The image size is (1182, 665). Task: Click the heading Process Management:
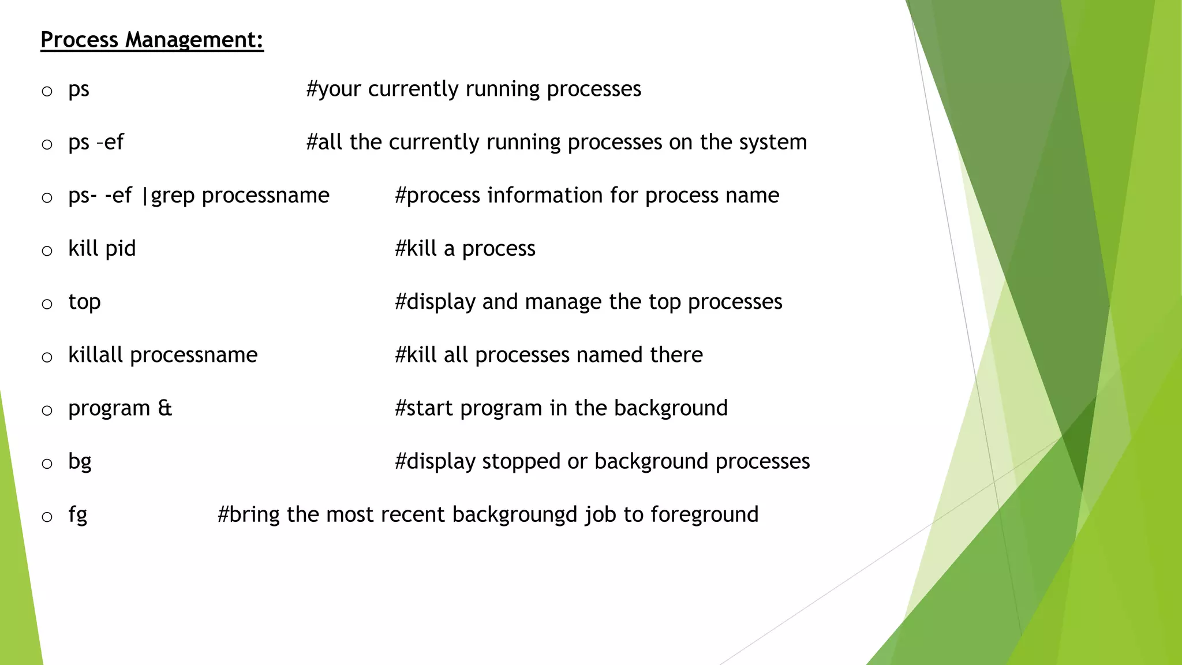pyautogui.click(x=152, y=40)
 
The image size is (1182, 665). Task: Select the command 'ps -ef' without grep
pyautogui.click(x=96, y=142)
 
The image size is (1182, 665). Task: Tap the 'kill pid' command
pyautogui.click(x=102, y=249)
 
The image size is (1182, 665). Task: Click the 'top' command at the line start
pyautogui.click(x=84, y=302)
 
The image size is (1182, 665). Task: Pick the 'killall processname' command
pyautogui.click(x=163, y=355)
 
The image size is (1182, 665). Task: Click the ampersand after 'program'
pyautogui.click(x=165, y=408)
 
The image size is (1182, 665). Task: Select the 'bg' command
pyautogui.click(x=80, y=462)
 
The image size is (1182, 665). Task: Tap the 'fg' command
pyautogui.click(x=77, y=515)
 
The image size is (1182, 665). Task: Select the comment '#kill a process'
pyautogui.click(x=465, y=249)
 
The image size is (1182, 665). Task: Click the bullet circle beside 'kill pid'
pyautogui.click(x=47, y=251)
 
